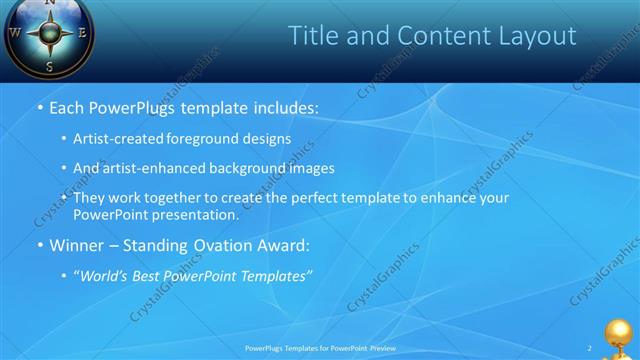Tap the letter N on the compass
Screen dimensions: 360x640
point(50,3)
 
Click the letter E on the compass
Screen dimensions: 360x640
point(83,32)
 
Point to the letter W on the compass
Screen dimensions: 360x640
point(15,32)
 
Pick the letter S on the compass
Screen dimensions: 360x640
point(50,66)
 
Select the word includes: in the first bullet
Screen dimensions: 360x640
point(285,107)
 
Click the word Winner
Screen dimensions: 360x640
point(77,244)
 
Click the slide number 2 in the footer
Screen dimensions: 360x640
point(589,348)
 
